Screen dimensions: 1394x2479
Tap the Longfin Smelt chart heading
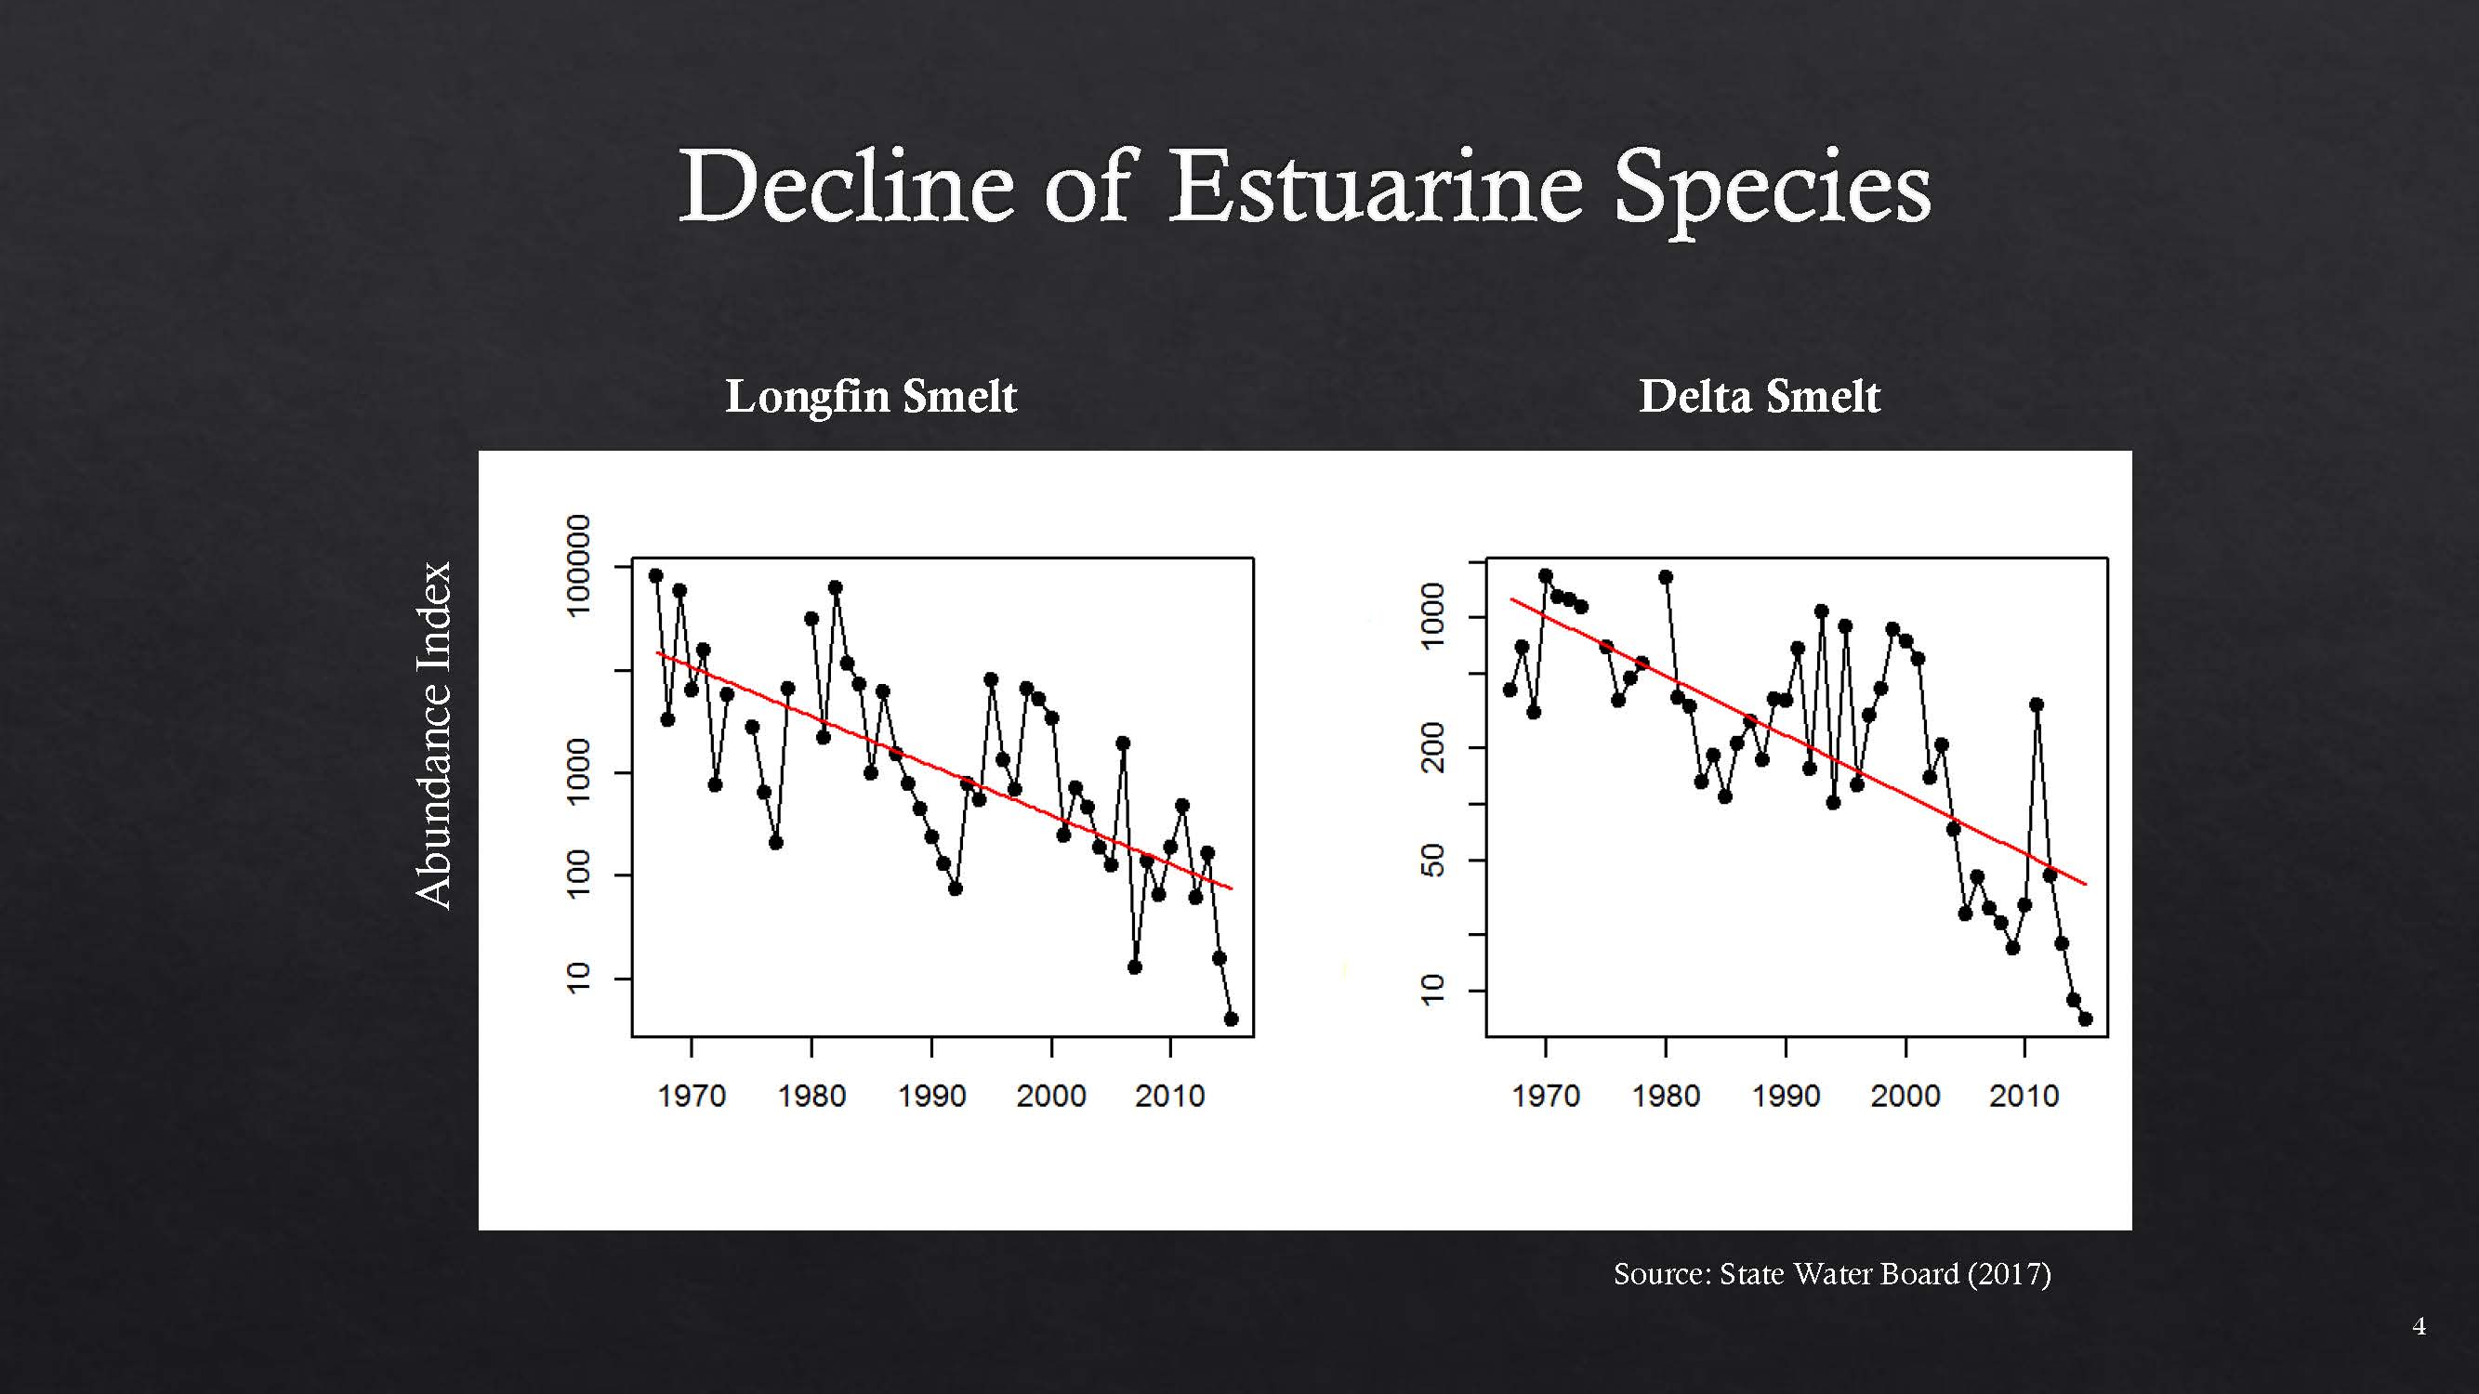(870, 397)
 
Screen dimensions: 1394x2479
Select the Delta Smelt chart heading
(1760, 397)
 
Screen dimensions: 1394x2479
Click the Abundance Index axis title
(434, 735)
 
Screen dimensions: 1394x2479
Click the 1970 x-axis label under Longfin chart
(691, 1096)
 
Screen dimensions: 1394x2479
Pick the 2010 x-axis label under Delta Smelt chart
(2024, 1096)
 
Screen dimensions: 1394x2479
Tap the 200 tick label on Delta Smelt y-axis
(1433, 747)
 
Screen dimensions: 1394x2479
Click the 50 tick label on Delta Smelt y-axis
(1433, 860)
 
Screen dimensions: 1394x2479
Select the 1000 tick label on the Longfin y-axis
(577, 771)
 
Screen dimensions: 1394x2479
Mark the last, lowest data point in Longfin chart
(1231, 1019)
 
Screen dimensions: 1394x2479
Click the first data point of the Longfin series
(656, 575)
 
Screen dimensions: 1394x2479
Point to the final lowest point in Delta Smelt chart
(2086, 1019)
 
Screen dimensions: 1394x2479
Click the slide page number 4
(2419, 1327)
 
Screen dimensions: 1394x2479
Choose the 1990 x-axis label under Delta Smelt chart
(1786, 1096)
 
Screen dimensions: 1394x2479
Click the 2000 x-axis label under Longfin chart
(1051, 1096)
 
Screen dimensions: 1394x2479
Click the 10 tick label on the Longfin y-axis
(577, 978)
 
